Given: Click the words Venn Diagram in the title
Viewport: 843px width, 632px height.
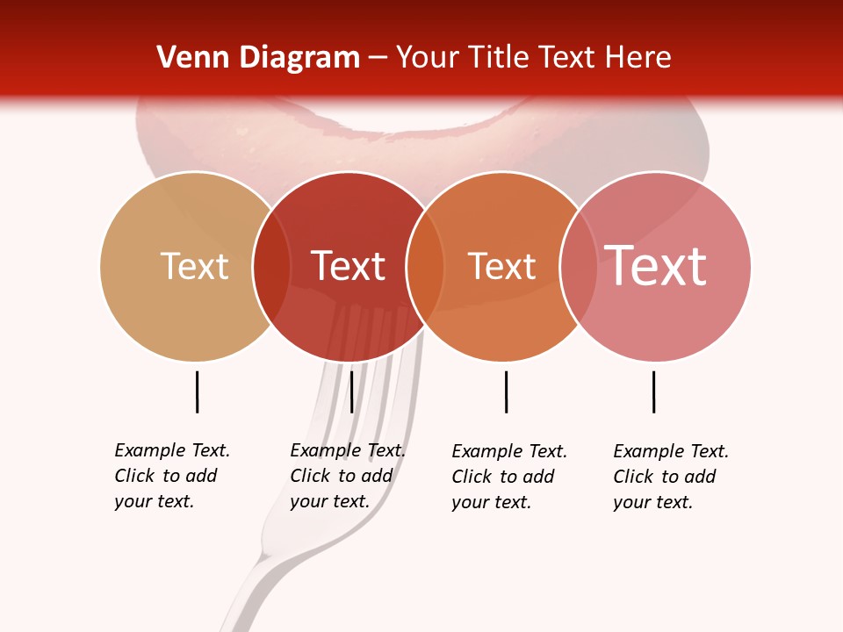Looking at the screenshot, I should tap(258, 58).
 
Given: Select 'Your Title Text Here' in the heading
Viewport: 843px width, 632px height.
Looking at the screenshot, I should tap(533, 58).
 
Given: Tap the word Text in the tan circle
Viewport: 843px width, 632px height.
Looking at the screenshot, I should tap(194, 266).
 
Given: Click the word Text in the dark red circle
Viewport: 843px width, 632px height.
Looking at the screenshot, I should tap(348, 266).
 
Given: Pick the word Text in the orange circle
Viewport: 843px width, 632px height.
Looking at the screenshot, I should tap(501, 266).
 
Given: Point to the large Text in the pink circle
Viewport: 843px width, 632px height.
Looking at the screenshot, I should tap(656, 266).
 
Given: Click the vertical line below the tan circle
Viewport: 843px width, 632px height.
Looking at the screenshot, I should tap(197, 391).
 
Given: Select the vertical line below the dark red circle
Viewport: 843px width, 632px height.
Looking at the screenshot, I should tap(351, 391).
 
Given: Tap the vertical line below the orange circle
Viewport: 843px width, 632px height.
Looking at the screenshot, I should tap(506, 391).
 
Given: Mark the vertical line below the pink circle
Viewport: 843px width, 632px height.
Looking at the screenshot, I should tap(653, 391).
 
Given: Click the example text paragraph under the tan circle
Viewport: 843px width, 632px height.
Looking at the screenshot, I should tap(172, 476).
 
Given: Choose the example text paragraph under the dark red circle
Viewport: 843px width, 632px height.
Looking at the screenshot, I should tap(347, 476).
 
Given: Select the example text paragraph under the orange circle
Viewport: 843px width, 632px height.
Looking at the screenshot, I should tap(509, 477).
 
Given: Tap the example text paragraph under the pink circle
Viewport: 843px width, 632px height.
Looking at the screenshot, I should tap(671, 477).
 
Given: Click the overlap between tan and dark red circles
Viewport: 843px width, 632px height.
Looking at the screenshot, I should tap(271, 266).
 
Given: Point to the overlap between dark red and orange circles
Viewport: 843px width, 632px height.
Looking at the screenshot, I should tap(425, 266).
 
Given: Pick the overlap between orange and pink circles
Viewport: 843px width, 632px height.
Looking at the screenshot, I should tap(578, 266).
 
